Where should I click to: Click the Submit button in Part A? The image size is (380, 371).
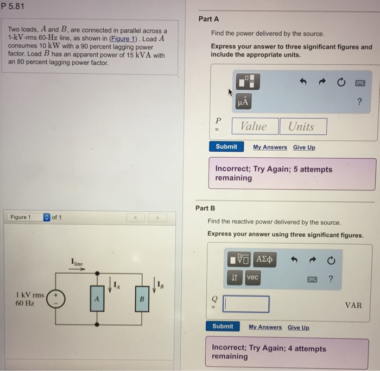point(226,147)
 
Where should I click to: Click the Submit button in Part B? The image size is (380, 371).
point(223,326)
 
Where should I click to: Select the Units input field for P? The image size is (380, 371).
point(303,127)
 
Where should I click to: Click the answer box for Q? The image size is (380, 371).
point(246,304)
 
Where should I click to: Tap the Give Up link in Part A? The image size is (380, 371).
point(303,147)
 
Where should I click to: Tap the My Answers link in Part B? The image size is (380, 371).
point(265,327)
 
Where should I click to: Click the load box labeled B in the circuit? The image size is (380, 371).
point(141,299)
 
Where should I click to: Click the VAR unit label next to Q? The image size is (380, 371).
point(353,305)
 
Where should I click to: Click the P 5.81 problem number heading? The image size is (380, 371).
point(14,7)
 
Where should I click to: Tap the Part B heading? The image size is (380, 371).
point(205,208)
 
